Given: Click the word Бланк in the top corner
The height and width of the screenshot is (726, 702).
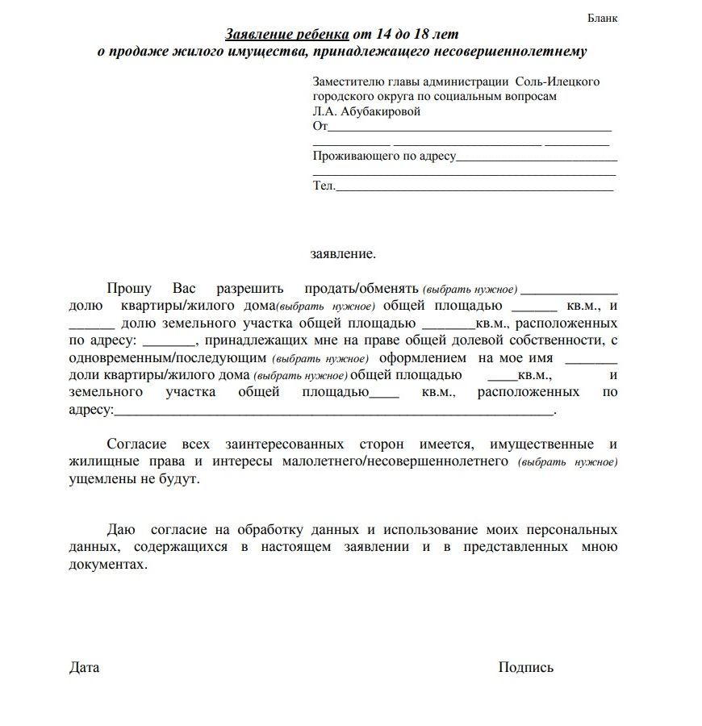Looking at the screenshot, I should click(602, 19).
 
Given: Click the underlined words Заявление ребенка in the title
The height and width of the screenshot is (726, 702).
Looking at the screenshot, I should click(287, 35).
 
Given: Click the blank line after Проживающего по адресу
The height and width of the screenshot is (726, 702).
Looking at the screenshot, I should click(537, 157).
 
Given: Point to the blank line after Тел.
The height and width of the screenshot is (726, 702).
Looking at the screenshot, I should click(474, 187).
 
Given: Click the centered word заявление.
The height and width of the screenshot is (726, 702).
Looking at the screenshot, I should click(343, 253).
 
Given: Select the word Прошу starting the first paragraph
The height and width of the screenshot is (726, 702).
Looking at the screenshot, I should click(128, 289).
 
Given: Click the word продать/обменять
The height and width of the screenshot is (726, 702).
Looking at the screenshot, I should click(361, 289).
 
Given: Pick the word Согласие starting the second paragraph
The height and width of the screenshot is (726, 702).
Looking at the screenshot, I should click(136, 444).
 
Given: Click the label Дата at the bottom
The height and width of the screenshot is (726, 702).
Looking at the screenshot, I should click(84, 668).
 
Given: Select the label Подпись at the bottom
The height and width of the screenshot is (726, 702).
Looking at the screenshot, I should click(526, 668).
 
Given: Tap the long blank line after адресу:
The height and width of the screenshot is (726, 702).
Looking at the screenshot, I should click(334, 411).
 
